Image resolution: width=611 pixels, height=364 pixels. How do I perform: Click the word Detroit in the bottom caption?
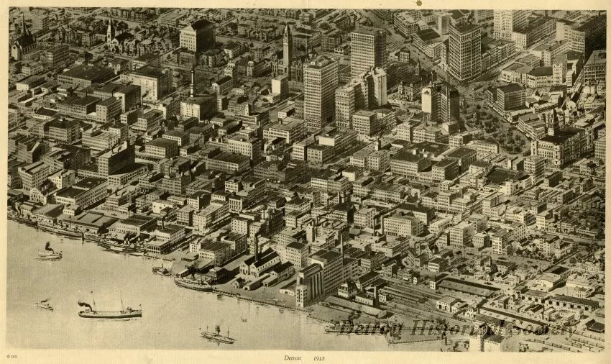pyautogui.click(x=292, y=357)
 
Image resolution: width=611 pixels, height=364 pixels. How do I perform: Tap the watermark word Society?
pyautogui.click(x=535, y=328)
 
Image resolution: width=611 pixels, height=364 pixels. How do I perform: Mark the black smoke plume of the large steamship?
pyautogui.click(x=86, y=305)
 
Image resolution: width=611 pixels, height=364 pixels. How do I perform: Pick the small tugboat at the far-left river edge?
pyautogui.click(x=45, y=306)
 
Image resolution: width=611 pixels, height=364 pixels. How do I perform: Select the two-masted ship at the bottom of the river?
pyautogui.click(x=217, y=335)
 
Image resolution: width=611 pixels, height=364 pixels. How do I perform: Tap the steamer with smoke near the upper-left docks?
pyautogui.click(x=50, y=254)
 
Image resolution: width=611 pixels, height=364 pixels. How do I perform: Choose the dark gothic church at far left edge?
pyautogui.click(x=23, y=43)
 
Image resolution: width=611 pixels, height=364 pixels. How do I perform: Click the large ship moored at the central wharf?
pyautogui.click(x=193, y=283)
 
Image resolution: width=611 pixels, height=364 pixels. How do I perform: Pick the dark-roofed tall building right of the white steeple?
pyautogui.click(x=197, y=36)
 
